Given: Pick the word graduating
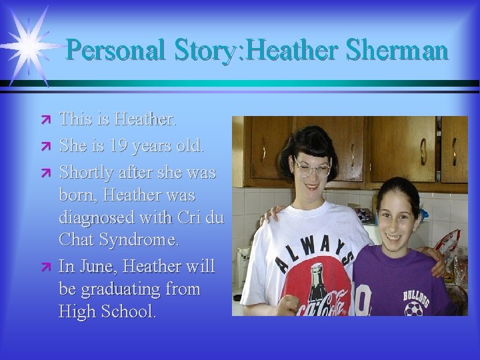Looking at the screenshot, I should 124,289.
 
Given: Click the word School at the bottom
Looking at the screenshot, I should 134,311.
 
